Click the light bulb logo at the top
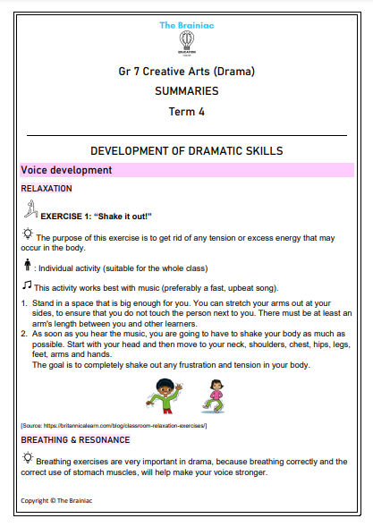[x=187, y=38]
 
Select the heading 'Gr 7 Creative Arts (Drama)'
[x=187, y=71]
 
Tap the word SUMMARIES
[x=187, y=90]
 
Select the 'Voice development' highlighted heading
[x=66, y=169]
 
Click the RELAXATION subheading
[x=46, y=189]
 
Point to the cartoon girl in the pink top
[x=214, y=395]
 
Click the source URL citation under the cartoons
[x=114, y=425]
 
